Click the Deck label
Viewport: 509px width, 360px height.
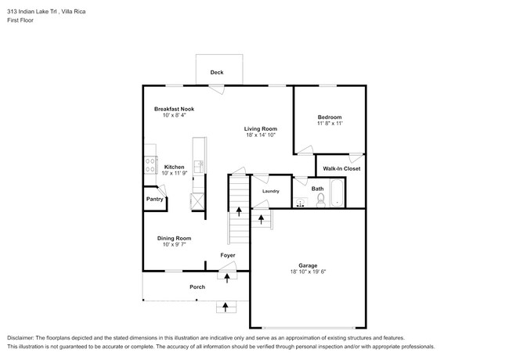tap(217, 73)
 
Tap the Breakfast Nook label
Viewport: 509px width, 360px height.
tap(174, 109)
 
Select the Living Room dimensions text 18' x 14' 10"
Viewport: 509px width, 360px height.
tap(261, 135)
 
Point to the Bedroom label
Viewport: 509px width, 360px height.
tap(329, 117)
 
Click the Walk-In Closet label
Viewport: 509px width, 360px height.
tap(340, 168)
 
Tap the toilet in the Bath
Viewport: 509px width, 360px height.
tap(319, 201)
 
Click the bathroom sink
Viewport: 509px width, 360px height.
tap(301, 203)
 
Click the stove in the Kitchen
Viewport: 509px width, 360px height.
tap(148, 166)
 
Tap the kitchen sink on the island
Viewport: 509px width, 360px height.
tap(199, 166)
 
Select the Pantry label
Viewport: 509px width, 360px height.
tap(154, 200)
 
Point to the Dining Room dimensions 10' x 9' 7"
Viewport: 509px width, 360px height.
tap(174, 245)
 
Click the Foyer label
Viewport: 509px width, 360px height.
tap(227, 255)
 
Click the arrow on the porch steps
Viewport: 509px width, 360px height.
tap(227, 306)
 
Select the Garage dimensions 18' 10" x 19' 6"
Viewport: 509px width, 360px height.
tap(307, 272)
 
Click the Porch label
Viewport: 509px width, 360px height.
tap(197, 287)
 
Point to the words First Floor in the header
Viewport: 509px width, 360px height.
tap(20, 20)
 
